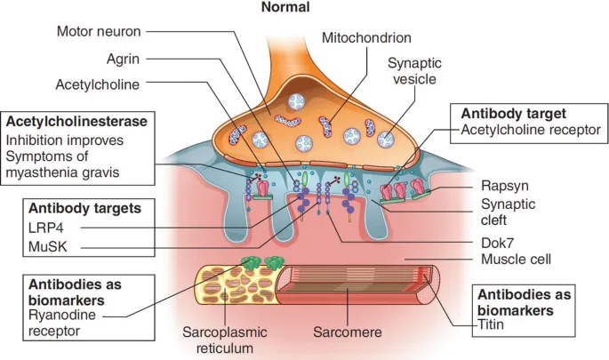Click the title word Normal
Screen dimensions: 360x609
[x=285, y=8]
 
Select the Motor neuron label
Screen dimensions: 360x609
[x=98, y=32]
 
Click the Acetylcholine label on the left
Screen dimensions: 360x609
[x=95, y=85]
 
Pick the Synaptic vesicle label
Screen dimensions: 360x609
[x=413, y=70]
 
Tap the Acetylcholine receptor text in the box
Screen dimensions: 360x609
[x=531, y=132]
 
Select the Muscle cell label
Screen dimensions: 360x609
[x=516, y=260]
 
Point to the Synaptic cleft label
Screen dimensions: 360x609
[x=505, y=212]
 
